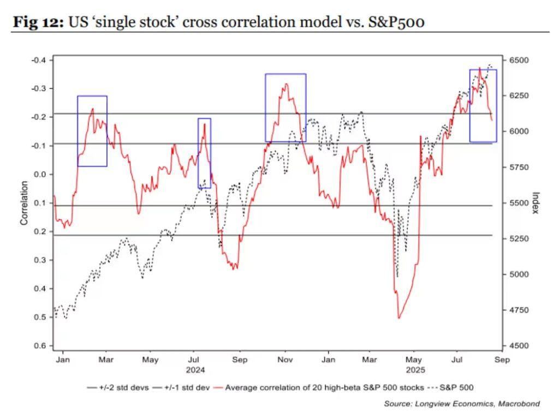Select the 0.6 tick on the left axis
tap(41, 345)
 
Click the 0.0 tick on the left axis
tap(41, 174)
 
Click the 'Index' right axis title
tap(535, 202)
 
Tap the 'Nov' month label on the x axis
tap(284, 360)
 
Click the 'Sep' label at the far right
tap(502, 360)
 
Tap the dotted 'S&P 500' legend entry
tap(456, 387)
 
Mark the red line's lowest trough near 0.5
tap(399, 318)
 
